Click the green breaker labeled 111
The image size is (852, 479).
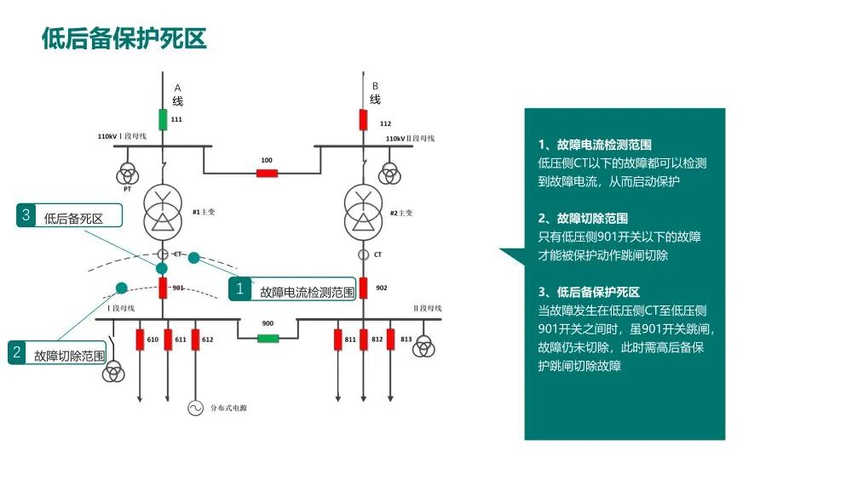pos(163,119)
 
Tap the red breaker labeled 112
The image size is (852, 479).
pos(363,119)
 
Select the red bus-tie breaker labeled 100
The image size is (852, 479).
pos(267,174)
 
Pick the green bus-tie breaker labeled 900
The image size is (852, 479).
pos(268,338)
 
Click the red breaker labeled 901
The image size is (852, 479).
pos(163,288)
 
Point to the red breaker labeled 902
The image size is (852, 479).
pos(363,288)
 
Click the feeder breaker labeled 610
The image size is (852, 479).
pos(141,339)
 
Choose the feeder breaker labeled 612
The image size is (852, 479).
pos(196,339)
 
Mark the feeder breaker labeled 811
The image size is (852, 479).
pos(338,339)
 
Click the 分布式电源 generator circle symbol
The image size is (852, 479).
pos(196,408)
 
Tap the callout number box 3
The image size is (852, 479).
pos(26,216)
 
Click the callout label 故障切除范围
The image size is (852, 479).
pos(70,356)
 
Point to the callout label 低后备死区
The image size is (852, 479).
pos(73,219)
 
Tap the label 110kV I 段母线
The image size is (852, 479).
pos(123,136)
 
